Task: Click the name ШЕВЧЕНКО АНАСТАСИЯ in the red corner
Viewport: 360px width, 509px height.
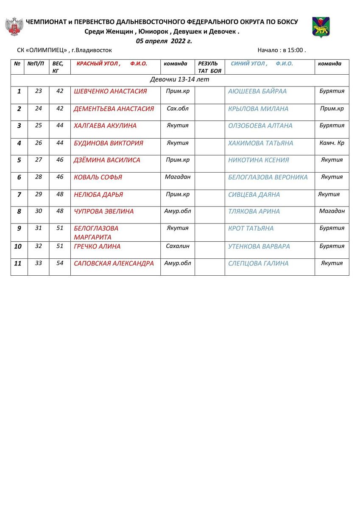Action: point(110,91)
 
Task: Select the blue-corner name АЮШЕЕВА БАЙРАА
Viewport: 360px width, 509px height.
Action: point(257,91)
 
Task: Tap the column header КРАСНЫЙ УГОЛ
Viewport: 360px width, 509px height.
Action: point(98,64)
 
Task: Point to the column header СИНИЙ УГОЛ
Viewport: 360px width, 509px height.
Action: point(249,64)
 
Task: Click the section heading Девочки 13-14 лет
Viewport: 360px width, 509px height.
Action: point(180,79)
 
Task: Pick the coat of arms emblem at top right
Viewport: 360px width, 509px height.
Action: point(321,27)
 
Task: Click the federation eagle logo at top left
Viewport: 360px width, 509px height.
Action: point(14,26)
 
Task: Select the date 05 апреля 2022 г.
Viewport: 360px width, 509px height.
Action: point(164,41)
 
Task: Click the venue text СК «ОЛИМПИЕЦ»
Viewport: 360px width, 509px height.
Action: point(42,50)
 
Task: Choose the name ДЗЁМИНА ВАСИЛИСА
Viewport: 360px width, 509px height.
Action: point(107,160)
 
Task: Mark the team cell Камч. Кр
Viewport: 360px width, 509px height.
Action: point(332,143)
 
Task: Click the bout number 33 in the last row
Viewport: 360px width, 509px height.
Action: point(39,263)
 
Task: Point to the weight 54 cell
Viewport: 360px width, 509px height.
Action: point(60,263)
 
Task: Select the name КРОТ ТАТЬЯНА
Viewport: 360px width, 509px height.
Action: point(251,228)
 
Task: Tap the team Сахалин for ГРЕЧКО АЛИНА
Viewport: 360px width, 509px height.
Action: point(178,246)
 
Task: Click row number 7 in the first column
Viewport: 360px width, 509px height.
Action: point(19,195)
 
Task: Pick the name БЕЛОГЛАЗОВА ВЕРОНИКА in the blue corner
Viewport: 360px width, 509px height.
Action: point(268,177)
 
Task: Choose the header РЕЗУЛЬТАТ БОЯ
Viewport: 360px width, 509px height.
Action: point(209,67)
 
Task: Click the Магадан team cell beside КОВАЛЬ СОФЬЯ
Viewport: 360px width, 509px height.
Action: point(178,177)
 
